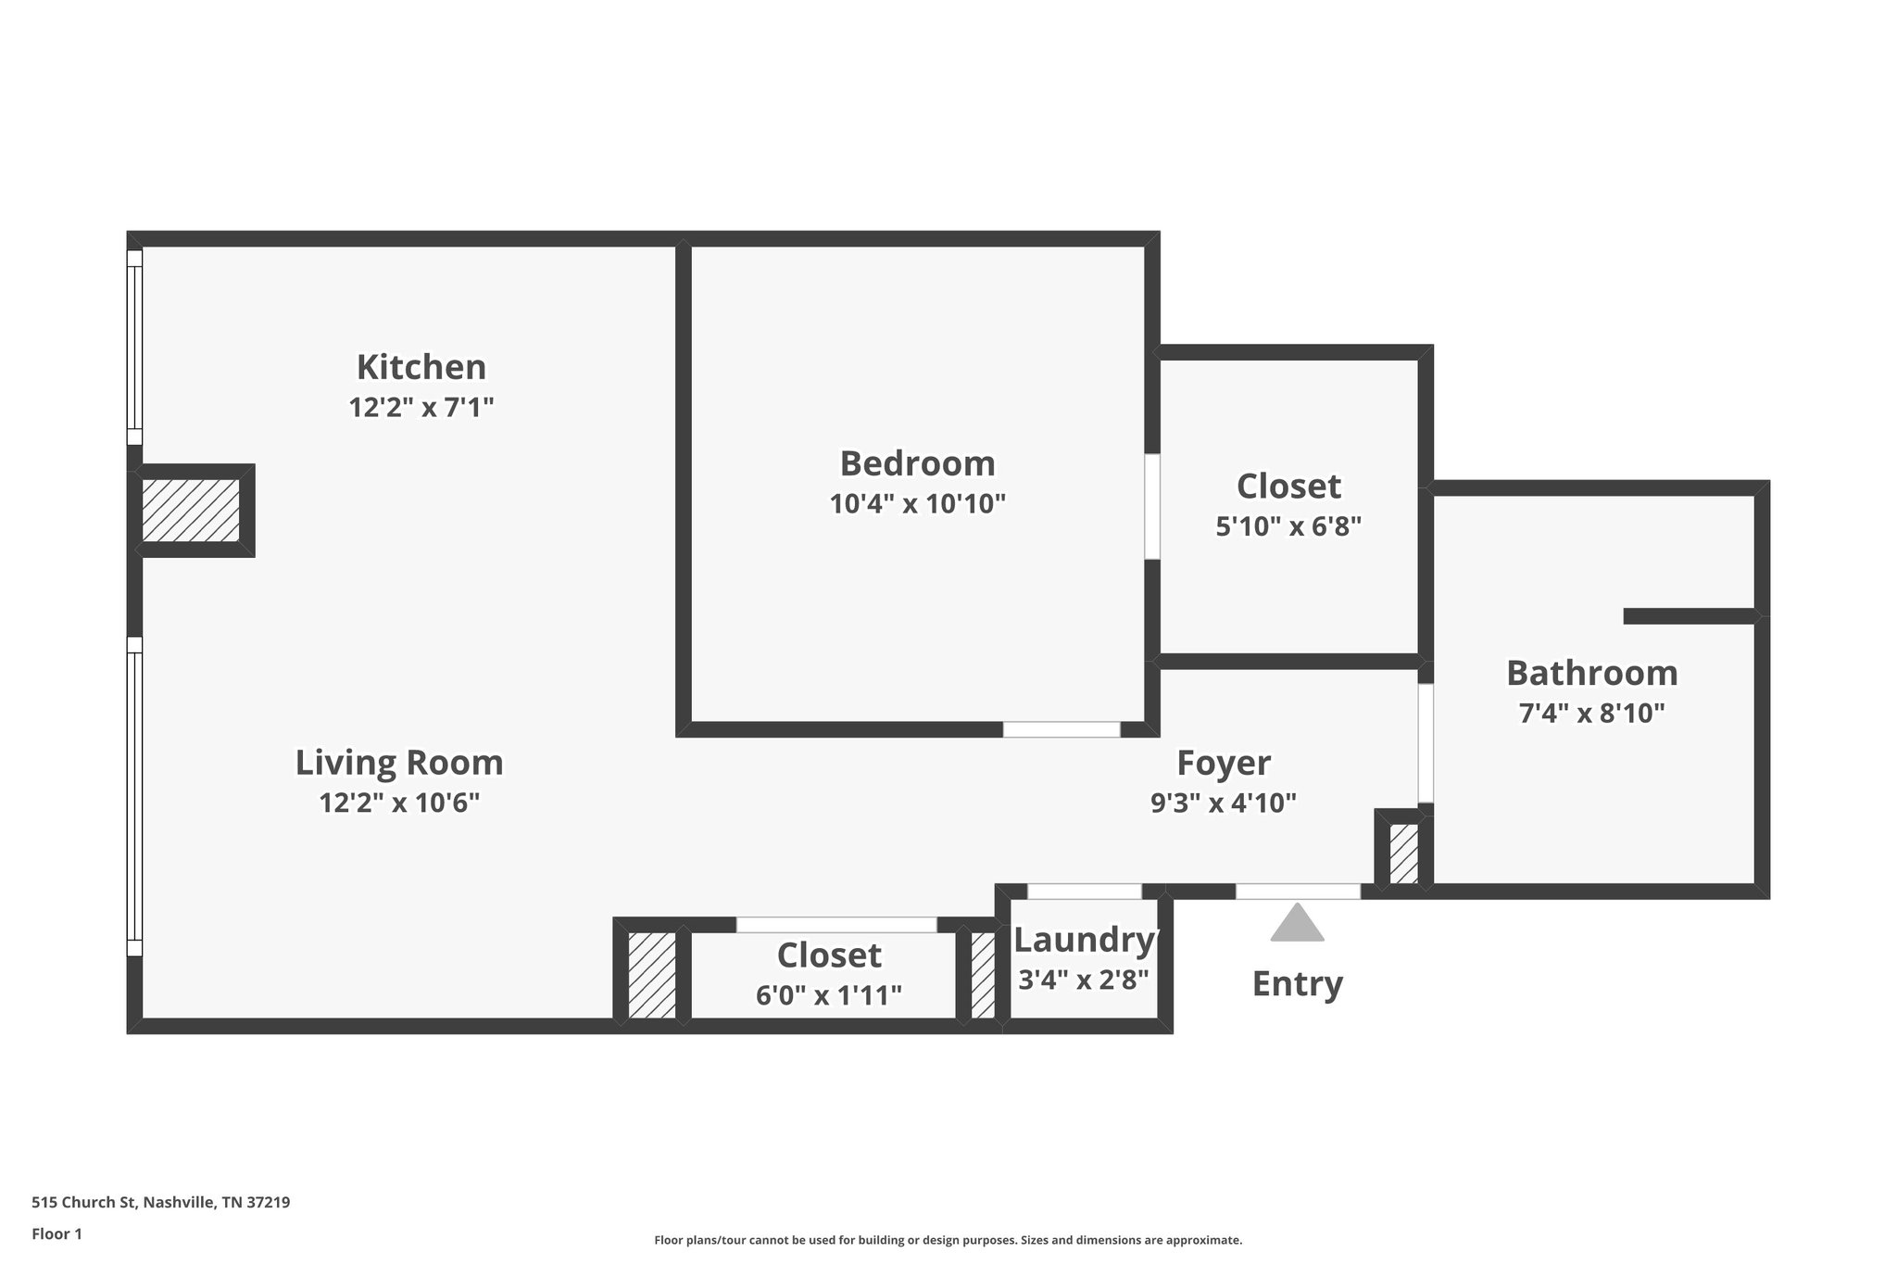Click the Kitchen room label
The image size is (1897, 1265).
[421, 367]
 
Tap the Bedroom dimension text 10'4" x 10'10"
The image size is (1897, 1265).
[917, 504]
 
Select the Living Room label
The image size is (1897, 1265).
[399, 763]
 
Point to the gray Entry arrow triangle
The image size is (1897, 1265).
[1297, 924]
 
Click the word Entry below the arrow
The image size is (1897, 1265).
[1297, 983]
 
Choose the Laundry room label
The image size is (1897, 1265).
[1084, 940]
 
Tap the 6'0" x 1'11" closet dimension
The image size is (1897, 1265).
[829, 995]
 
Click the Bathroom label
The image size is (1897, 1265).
[1591, 673]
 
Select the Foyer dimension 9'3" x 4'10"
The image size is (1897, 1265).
[1223, 803]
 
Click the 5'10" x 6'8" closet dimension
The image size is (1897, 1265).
[1288, 526]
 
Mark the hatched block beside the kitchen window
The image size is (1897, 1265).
[190, 510]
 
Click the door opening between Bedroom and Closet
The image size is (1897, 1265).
[1152, 506]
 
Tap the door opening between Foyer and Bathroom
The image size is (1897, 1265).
[1426, 743]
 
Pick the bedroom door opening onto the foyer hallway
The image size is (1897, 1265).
[1062, 729]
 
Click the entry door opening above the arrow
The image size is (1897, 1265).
[1298, 892]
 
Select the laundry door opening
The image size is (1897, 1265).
[1084, 892]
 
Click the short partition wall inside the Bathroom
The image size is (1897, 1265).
[1690, 616]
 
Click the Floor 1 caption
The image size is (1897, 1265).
[57, 1233]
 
